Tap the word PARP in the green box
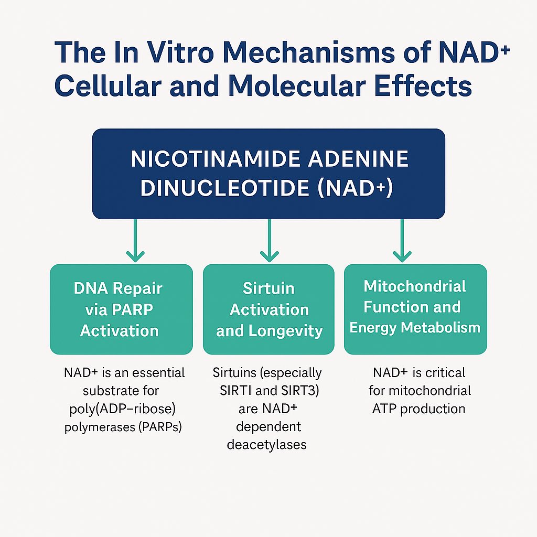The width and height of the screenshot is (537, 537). tap(133, 309)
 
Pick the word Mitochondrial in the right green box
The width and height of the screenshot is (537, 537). tap(415, 286)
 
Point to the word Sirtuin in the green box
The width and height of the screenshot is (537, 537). tap(268, 288)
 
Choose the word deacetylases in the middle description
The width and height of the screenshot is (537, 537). tap(267, 445)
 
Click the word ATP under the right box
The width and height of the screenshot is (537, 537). tap(385, 409)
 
